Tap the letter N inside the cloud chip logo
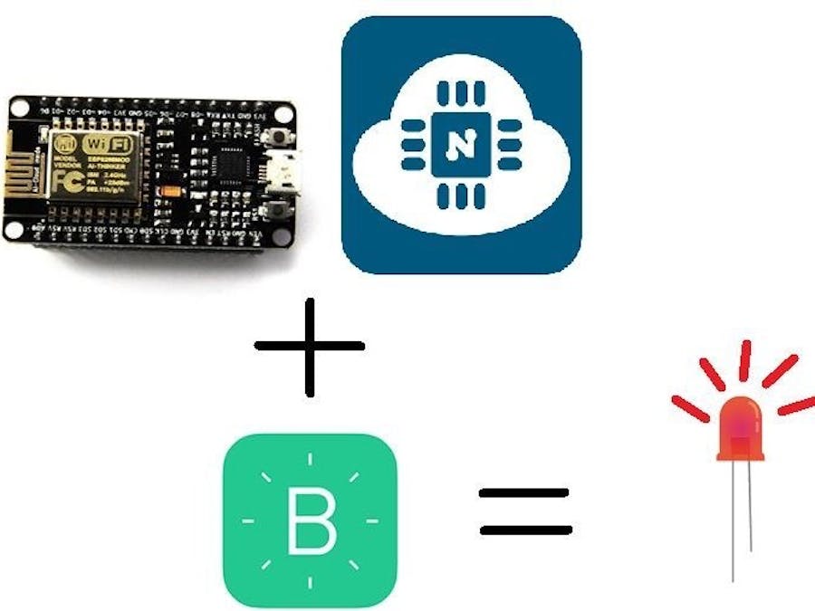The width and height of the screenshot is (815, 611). [x=461, y=145]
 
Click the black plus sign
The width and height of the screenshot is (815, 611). [x=310, y=346]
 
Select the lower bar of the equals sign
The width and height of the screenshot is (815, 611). [x=525, y=530]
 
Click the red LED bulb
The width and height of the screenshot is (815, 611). [x=740, y=427]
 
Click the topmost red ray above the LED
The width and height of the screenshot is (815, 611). [x=745, y=360]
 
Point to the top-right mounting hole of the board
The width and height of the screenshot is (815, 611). [x=284, y=115]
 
